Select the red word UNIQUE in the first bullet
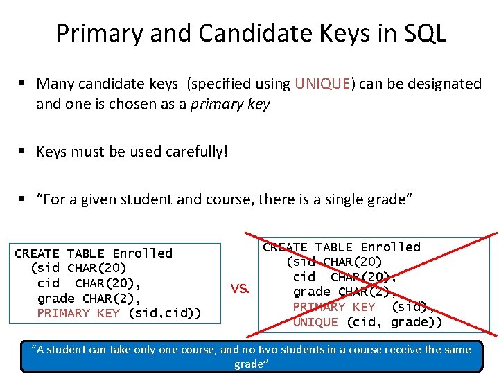pos(323,84)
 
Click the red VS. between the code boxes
pos(240,289)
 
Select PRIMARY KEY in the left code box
pos(78,313)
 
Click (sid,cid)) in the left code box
pos(165,313)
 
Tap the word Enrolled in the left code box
pos(142,253)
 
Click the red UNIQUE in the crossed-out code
pos(315,322)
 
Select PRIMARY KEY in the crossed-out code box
pos(334,307)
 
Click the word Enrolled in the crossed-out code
pos(390,247)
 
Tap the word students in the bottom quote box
pos(306,350)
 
